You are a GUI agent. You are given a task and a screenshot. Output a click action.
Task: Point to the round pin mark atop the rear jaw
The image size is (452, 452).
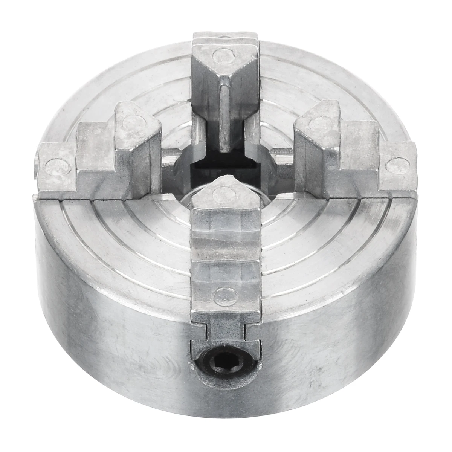coord(222,56)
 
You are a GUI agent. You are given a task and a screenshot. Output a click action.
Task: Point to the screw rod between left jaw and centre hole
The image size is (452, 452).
coord(169,154)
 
